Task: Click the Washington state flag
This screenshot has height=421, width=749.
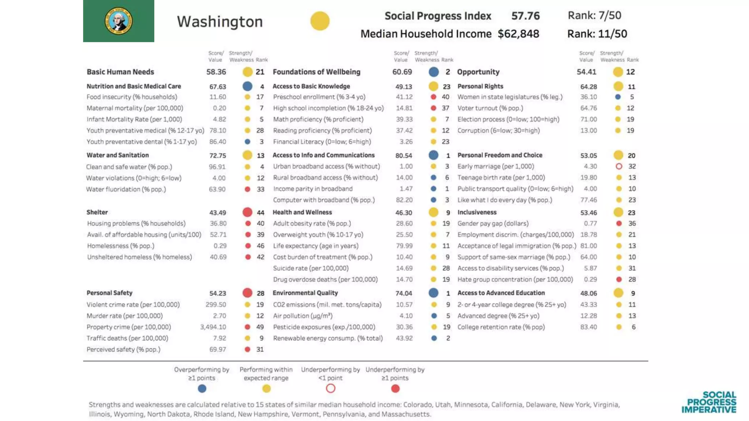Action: pyautogui.click(x=118, y=21)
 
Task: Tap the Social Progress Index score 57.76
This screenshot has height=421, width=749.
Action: pyautogui.click(x=525, y=16)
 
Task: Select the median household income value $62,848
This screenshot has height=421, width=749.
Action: pyautogui.click(x=518, y=34)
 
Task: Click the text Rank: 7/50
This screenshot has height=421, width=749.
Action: pyautogui.click(x=594, y=15)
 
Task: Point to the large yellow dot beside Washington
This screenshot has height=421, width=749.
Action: pyautogui.click(x=320, y=21)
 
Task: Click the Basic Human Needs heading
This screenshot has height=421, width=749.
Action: pyautogui.click(x=120, y=72)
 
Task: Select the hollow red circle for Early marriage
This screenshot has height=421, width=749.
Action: pyautogui.click(x=619, y=166)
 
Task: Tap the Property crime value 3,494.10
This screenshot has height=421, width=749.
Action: pyautogui.click(x=213, y=327)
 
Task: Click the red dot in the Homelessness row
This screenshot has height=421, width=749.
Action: pyautogui.click(x=248, y=246)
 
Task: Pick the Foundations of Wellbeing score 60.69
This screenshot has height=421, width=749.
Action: pyautogui.click(x=402, y=72)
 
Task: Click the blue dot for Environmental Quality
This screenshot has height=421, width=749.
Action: pyautogui.click(x=433, y=293)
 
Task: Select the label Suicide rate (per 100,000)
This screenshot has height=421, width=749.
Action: pyautogui.click(x=310, y=268)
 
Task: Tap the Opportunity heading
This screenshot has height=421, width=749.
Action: pyautogui.click(x=478, y=72)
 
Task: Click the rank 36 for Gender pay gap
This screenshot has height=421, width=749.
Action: pyautogui.click(x=632, y=223)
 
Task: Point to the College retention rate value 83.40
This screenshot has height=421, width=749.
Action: pyautogui.click(x=588, y=327)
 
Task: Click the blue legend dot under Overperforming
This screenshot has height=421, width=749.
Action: pyautogui.click(x=202, y=388)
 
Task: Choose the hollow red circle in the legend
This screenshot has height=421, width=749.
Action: pyautogui.click(x=331, y=388)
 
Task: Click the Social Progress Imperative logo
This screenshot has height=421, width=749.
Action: pyautogui.click(x=709, y=402)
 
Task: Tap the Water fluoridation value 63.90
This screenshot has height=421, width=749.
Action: pyautogui.click(x=217, y=189)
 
